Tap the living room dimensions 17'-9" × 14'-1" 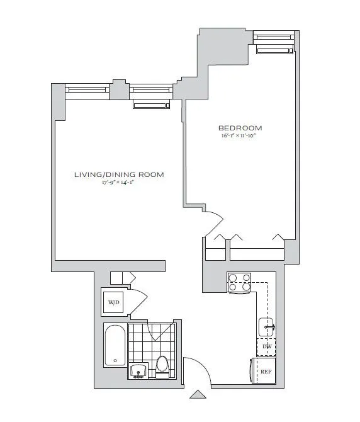point(119,183)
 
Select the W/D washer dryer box point(114,302)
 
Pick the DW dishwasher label point(267,347)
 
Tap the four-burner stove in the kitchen point(239,282)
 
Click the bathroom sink point(138,372)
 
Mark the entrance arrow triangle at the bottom point(199,395)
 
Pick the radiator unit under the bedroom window point(274,50)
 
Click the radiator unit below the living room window point(151,104)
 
